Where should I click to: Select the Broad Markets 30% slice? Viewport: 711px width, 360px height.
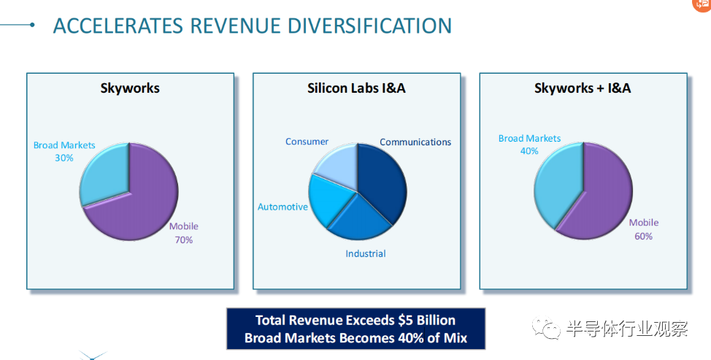point(104,175)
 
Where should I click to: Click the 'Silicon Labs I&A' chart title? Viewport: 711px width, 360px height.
point(356,88)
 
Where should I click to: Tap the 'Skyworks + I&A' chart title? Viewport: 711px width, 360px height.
point(583,88)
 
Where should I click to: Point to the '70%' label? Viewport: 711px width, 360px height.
point(184,240)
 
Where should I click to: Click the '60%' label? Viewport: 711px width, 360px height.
point(643,236)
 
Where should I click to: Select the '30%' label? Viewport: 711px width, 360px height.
point(64,158)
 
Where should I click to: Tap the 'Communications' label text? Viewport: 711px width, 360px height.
point(415,142)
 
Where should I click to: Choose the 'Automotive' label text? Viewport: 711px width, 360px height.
point(283,207)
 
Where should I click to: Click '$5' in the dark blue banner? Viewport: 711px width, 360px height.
point(405,320)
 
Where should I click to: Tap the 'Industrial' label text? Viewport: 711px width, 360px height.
point(366,253)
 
